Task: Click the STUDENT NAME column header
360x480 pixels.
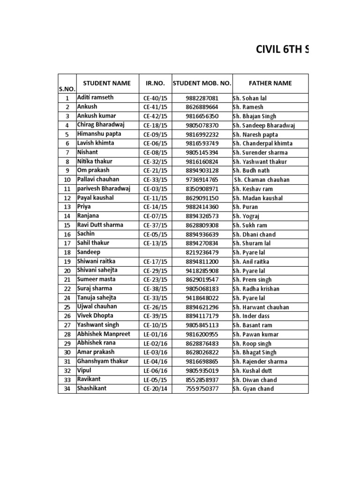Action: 107,83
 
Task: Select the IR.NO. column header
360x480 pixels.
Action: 156,83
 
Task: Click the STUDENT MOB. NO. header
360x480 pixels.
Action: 202,83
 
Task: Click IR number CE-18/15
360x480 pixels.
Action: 155,125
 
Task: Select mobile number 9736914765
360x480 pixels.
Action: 202,180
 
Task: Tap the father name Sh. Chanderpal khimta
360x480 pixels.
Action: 262,143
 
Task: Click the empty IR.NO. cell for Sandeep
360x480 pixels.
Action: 156,252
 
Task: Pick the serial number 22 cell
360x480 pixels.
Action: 67,289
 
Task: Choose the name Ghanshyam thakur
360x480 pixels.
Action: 103,361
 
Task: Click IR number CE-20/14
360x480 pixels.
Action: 155,389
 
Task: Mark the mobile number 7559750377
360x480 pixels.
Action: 202,389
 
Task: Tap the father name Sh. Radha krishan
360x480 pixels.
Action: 256,289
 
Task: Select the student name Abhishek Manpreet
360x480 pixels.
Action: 104,334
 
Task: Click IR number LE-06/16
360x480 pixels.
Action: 155,370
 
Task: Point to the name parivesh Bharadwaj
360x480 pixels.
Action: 104,188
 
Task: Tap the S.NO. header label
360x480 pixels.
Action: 67,89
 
